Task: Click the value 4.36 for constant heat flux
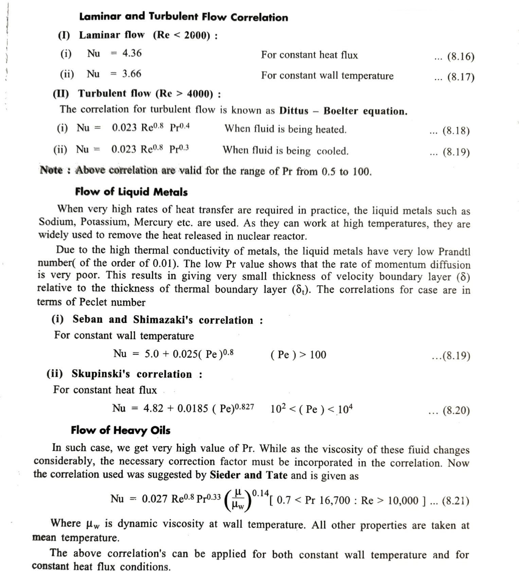[x=132, y=53]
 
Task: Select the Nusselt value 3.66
[x=131, y=74]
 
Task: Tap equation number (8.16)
[x=461, y=57]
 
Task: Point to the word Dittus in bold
[x=293, y=111]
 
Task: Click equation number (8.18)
[x=456, y=131]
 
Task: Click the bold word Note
[x=51, y=170]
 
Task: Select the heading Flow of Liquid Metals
[x=131, y=192]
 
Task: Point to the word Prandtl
[x=454, y=252]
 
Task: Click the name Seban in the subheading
[x=88, y=319]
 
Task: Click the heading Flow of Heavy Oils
[x=121, y=430]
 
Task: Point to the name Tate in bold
[x=277, y=475]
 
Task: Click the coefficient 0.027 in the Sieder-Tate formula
[x=155, y=499]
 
